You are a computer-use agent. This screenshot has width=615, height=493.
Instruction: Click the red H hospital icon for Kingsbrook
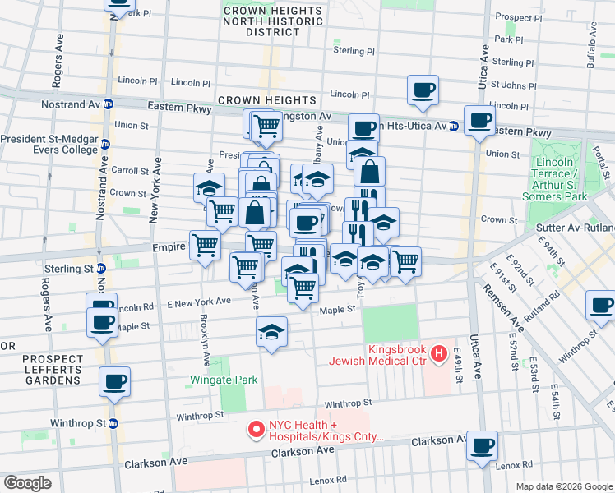[439, 354]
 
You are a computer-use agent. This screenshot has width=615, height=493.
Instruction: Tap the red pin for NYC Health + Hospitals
[256, 429]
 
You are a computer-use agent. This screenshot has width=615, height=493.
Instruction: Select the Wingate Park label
[224, 380]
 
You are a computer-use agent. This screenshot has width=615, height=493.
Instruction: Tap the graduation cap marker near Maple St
[271, 331]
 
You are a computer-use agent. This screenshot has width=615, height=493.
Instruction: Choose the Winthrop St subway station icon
[113, 424]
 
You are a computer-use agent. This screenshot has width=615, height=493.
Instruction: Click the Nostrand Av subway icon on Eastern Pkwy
[108, 105]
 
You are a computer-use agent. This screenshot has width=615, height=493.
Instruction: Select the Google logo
[28, 483]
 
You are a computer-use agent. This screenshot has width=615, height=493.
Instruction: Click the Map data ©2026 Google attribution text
[563, 486]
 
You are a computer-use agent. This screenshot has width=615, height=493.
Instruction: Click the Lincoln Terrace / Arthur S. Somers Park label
[560, 179]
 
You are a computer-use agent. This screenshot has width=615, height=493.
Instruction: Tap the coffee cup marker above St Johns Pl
[423, 90]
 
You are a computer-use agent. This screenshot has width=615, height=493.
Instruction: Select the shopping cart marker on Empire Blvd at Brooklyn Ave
[205, 244]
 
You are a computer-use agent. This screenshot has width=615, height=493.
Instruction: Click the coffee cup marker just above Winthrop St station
[115, 381]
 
